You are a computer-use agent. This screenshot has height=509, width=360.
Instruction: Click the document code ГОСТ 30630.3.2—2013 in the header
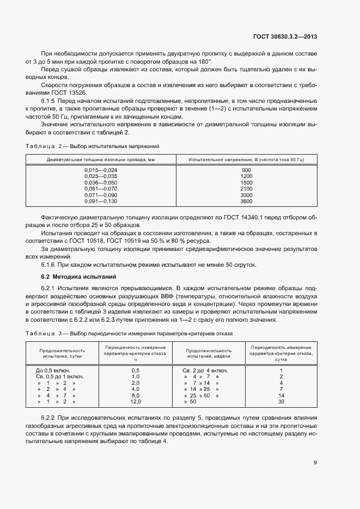point(285,37)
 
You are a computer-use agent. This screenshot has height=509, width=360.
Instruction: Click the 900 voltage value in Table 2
point(246,170)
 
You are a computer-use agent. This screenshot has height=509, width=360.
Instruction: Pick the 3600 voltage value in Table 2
point(246,201)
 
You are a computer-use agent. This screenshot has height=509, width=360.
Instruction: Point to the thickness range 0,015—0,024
point(101,170)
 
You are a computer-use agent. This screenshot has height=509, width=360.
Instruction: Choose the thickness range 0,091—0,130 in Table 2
point(101,201)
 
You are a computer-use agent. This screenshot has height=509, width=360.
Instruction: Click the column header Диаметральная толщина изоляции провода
point(101,159)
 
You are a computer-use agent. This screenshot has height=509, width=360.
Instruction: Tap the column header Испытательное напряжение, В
point(246,159)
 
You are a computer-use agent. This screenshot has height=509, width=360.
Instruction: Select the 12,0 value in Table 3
point(136,401)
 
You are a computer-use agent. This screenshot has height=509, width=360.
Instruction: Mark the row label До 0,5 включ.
point(58,370)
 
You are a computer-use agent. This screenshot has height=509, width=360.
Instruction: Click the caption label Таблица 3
point(41,333)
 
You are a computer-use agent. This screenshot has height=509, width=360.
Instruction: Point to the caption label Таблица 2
point(41,146)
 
